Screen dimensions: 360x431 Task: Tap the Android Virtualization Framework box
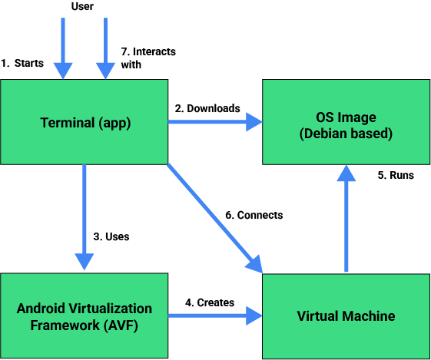tap(85, 315)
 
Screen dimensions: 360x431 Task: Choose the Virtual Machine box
tap(346, 315)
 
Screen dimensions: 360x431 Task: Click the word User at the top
tap(83, 7)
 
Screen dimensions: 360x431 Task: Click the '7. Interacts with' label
tap(148, 58)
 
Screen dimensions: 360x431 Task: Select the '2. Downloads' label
tap(207, 108)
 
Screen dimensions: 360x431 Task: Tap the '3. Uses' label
tap(111, 236)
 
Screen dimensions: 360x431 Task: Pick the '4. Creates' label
tap(210, 302)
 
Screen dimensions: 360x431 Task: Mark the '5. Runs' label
tap(396, 175)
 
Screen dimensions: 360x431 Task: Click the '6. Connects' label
tap(254, 215)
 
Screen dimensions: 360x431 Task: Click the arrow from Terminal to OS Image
tap(215, 121)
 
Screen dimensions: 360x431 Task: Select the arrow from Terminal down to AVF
tap(85, 215)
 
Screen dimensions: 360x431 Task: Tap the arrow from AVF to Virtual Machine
tap(215, 315)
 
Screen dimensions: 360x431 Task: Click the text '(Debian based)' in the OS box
tap(346, 134)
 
